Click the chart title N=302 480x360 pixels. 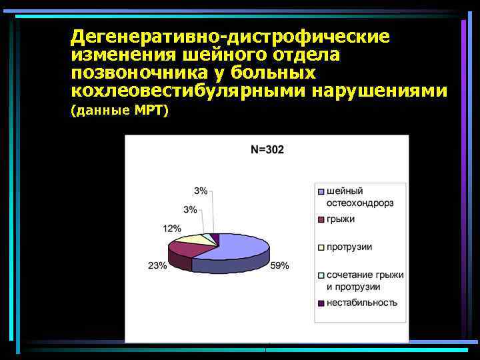coord(267,150)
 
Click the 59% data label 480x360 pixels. coord(280,265)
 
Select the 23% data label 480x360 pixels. coord(157,265)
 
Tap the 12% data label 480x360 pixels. coord(172,229)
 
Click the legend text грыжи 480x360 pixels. coord(341,219)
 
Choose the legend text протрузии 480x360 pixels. coord(349,247)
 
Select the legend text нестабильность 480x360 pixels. coord(361,303)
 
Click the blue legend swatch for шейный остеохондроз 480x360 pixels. coord(321,191)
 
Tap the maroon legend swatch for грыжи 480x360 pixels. coord(321,219)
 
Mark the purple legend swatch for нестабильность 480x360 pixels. coord(321,303)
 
